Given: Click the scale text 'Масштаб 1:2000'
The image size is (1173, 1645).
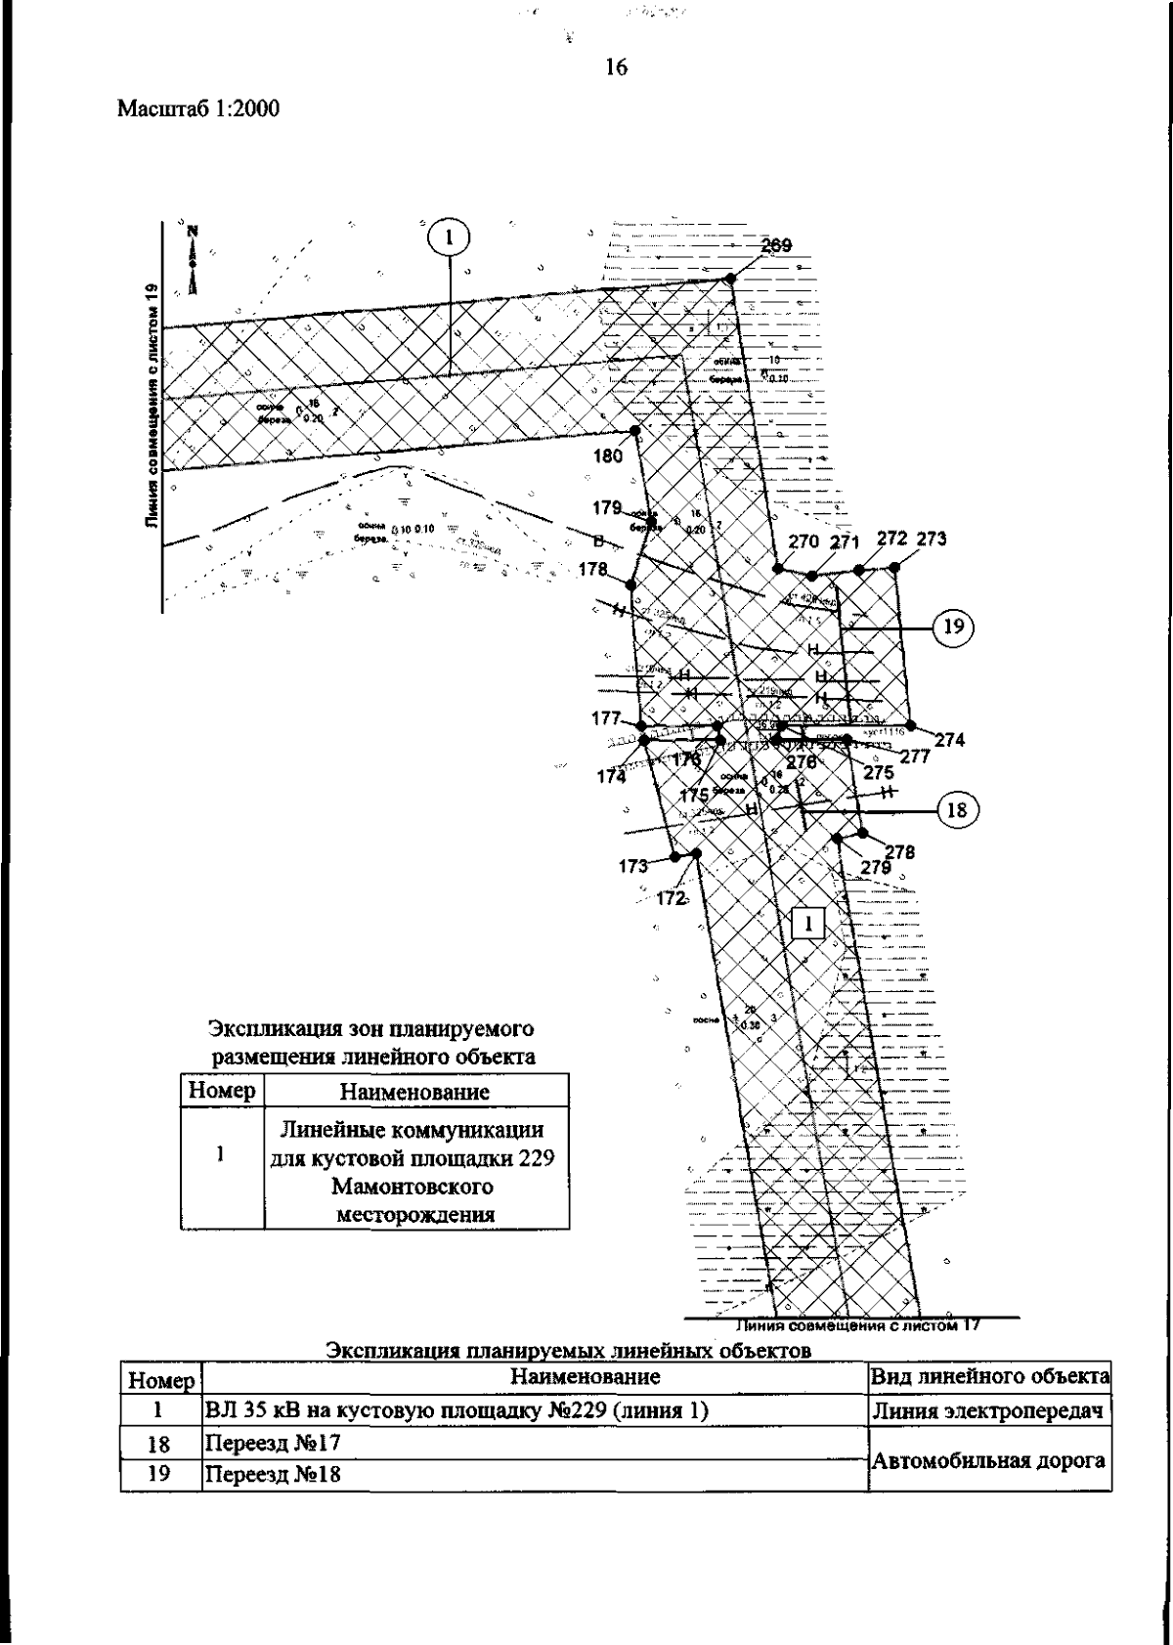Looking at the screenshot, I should click(198, 109).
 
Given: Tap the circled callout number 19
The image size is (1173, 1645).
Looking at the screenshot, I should click(953, 625).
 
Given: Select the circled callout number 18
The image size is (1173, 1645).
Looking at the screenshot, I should click(956, 809).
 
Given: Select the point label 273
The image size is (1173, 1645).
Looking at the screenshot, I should click(931, 540).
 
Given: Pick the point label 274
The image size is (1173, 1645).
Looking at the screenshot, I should click(949, 741).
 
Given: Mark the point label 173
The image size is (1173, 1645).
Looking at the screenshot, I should click(633, 865).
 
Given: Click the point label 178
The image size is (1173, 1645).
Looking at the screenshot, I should click(593, 569).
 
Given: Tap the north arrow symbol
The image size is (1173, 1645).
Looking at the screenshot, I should click(194, 258).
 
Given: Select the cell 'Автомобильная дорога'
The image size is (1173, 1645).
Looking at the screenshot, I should click(988, 1460).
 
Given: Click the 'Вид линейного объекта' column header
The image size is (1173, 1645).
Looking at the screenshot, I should click(989, 1377).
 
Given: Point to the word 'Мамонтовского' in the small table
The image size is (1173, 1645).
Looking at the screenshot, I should click(412, 1187).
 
